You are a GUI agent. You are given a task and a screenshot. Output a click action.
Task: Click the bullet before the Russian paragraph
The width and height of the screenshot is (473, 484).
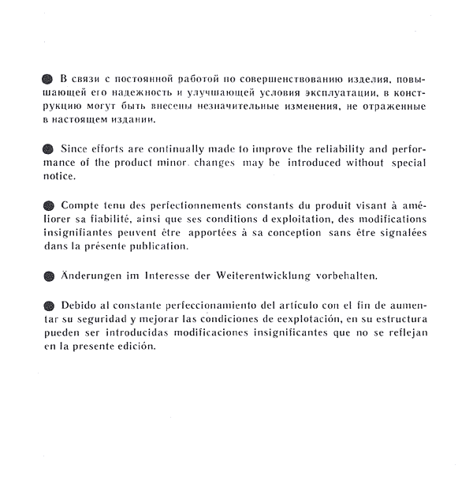(x=47, y=80)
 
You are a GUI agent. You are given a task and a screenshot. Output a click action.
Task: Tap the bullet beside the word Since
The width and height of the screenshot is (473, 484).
(x=47, y=148)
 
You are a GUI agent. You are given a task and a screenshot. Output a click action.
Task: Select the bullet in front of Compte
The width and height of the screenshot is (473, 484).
(x=47, y=204)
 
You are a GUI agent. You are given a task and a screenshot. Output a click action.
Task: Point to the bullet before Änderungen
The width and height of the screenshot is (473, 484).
(x=47, y=276)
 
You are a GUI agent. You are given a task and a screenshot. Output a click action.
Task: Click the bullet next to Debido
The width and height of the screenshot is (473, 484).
(x=47, y=306)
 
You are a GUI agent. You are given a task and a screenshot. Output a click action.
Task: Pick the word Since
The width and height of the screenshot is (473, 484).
(x=75, y=148)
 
